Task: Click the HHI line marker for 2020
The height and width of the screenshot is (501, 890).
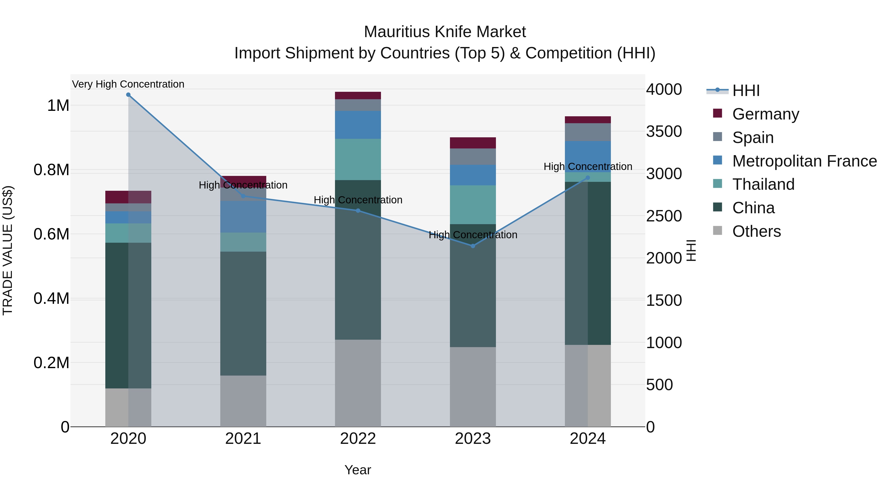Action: tap(128, 95)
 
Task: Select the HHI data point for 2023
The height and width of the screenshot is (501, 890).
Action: tap(473, 246)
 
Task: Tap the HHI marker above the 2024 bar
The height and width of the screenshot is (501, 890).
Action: tap(588, 178)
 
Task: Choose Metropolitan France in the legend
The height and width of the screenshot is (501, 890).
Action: tap(804, 161)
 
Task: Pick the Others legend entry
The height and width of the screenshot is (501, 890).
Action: tap(756, 231)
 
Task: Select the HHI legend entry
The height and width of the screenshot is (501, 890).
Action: tap(746, 91)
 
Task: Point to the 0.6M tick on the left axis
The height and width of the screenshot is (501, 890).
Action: tap(51, 234)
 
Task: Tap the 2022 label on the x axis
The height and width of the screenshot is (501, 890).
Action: tap(358, 439)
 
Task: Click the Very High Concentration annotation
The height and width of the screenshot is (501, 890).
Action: tap(128, 84)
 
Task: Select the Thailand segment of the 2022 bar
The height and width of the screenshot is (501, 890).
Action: tap(358, 159)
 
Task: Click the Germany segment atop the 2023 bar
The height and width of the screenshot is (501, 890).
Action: tap(473, 143)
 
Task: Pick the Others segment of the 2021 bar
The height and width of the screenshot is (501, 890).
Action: tap(243, 401)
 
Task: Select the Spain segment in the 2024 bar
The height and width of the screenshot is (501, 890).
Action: tap(588, 132)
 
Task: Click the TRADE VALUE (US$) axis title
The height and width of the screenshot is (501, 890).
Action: tap(8, 250)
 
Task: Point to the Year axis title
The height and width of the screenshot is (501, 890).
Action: tap(357, 470)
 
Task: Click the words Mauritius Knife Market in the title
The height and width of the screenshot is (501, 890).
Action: tap(445, 32)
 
